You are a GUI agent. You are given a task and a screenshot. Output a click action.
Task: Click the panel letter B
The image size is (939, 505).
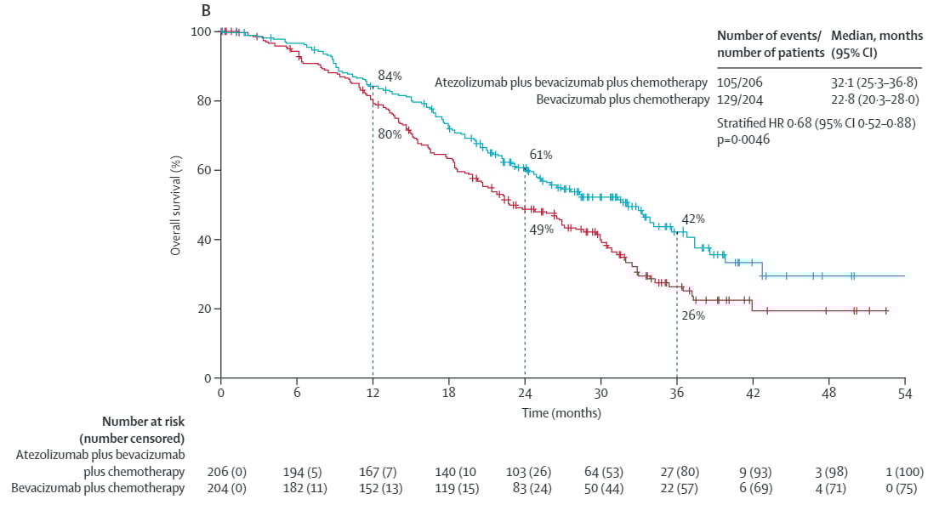[x=205, y=10]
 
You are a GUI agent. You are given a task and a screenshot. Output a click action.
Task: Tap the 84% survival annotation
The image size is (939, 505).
[x=390, y=76]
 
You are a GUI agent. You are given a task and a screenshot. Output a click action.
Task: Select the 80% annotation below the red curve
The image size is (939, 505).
[x=390, y=133]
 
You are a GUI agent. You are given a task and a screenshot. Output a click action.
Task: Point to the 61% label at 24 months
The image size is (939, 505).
[x=541, y=155]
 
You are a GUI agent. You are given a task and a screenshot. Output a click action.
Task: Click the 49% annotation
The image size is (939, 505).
[x=542, y=229]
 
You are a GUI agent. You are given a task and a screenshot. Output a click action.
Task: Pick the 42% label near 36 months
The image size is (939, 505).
[x=693, y=218]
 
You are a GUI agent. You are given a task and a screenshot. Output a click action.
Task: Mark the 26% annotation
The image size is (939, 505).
[x=693, y=315]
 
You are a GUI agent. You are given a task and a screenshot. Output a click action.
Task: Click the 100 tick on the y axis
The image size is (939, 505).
[x=201, y=31]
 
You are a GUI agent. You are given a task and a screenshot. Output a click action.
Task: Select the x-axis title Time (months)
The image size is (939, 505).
[x=561, y=413]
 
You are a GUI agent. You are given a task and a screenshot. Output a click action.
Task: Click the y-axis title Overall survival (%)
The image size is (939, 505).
[x=176, y=205]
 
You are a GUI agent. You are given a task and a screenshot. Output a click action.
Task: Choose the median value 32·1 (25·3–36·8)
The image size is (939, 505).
[x=875, y=82]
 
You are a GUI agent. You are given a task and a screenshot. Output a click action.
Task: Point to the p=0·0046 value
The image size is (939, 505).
[x=744, y=139]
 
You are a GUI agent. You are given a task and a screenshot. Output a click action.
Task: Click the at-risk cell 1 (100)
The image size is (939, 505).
[x=905, y=471]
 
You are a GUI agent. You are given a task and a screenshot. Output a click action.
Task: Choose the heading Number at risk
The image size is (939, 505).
[x=143, y=421]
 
